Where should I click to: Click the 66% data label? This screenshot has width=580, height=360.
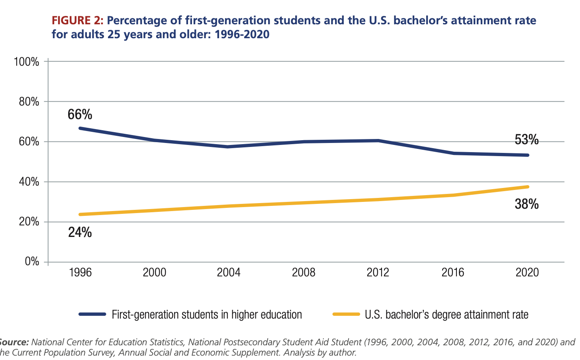[x=80, y=115]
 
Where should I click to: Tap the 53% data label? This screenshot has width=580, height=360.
[x=527, y=140]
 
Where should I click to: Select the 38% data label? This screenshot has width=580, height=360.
[x=527, y=204]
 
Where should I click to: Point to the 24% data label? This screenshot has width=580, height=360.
[x=80, y=232]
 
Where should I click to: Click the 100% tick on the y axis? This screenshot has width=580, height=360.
[x=26, y=62]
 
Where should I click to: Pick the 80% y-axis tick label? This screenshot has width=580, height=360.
[x=29, y=102]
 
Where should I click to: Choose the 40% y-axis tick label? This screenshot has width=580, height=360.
[x=29, y=182]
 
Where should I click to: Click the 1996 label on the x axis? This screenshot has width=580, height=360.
[x=80, y=272]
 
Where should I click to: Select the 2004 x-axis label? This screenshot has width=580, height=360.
[x=229, y=272]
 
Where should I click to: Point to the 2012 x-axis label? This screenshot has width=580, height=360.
[x=378, y=272]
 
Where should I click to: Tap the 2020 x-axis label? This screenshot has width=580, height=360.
[x=527, y=272]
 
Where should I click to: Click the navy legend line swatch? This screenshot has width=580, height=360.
[x=92, y=314]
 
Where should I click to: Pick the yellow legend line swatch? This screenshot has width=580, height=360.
[x=346, y=314]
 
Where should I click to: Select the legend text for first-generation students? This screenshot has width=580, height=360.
[x=207, y=315]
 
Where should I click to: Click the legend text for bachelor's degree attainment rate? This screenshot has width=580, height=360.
[x=447, y=315]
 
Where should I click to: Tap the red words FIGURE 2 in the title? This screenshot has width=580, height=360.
[x=77, y=21]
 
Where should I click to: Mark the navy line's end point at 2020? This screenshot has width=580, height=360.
[x=527, y=155]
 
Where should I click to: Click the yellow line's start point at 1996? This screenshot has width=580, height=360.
[x=80, y=214]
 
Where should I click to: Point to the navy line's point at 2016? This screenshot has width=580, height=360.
[x=453, y=153]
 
